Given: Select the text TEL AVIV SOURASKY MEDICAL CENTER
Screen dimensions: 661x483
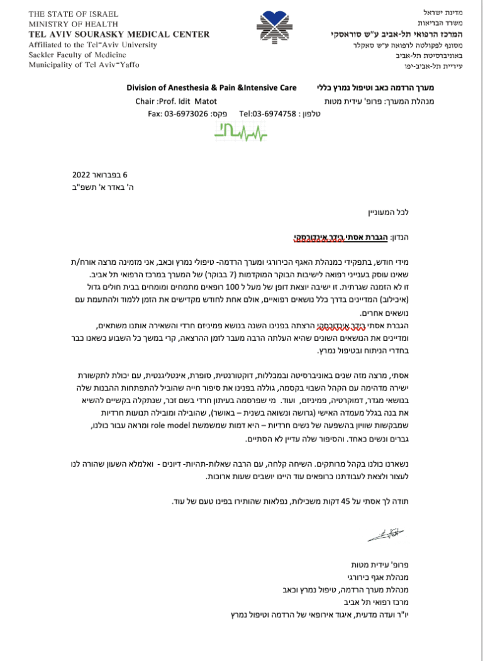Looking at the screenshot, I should point(119,35).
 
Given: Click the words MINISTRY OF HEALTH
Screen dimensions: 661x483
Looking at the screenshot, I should point(65,24).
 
